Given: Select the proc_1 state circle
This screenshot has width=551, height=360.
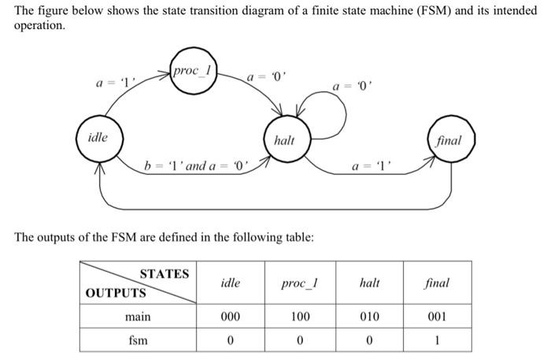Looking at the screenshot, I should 192,72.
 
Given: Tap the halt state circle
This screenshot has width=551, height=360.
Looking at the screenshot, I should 284,140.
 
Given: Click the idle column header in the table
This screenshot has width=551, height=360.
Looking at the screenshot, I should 230,283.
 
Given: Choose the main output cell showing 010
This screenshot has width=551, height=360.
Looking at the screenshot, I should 369,317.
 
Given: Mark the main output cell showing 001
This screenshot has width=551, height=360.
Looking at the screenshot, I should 437,317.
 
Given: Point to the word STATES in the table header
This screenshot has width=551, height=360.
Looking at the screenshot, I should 164,274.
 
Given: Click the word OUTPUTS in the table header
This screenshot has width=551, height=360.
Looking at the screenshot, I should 116,293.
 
